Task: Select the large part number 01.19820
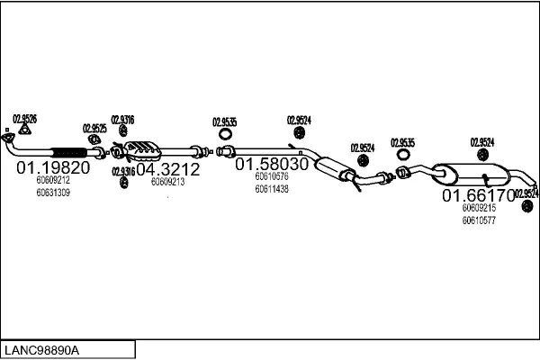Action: pyautogui.click(x=53, y=167)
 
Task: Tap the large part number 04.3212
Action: pyautogui.click(x=167, y=167)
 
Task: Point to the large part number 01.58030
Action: pyautogui.click(x=272, y=166)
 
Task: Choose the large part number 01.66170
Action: pyautogui.click(x=477, y=194)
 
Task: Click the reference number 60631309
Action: pyautogui.click(x=53, y=192)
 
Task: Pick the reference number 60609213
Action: pyautogui.click(x=167, y=182)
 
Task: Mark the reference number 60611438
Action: pyautogui.click(x=272, y=189)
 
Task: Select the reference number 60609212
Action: pyautogui.click(x=53, y=180)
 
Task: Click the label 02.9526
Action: pyautogui.click(x=24, y=118)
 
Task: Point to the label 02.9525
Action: pyautogui.click(x=94, y=128)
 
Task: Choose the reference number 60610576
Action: pyautogui.click(x=272, y=177)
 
